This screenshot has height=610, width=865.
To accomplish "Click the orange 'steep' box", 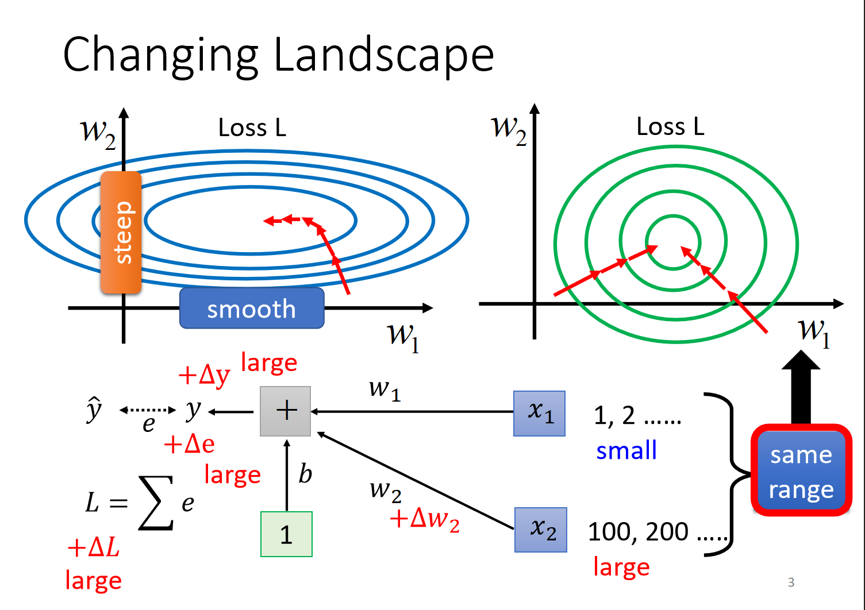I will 121,233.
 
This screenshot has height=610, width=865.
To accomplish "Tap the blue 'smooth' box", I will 252,308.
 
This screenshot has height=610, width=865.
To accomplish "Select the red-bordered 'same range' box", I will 801,470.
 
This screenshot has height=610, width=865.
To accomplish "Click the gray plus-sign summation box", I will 286,411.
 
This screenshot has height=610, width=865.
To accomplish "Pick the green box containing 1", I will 286,534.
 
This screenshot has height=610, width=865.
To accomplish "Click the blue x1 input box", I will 539,414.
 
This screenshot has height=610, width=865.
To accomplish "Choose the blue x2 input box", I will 541,530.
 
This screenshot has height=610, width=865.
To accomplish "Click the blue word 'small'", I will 626,450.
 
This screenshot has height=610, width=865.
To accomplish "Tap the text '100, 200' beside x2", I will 638,532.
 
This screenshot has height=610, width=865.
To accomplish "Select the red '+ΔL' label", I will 94,547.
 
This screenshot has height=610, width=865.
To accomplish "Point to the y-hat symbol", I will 94,410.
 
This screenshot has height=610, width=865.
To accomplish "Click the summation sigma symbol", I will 156,503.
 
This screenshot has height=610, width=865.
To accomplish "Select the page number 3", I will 791,582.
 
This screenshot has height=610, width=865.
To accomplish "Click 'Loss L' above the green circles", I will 670,127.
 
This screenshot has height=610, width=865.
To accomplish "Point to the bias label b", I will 305,474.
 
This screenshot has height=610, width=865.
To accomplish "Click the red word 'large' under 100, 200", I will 621,567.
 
